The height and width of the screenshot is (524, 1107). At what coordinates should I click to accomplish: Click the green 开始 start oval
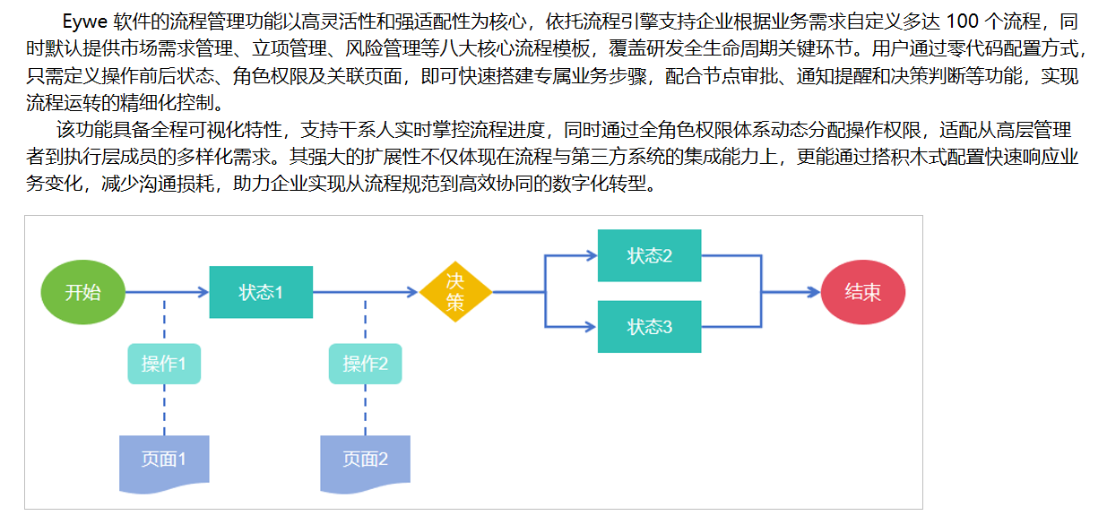tap(83, 292)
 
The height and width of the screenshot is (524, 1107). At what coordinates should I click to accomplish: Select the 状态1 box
tap(261, 292)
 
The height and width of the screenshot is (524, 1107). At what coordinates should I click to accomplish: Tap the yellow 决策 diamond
tap(455, 292)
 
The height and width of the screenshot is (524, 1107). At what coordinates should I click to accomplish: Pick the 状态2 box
tap(649, 255)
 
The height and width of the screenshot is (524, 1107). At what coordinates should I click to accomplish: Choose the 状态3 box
tap(649, 327)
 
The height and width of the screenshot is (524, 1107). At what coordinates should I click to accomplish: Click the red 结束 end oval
tap(862, 292)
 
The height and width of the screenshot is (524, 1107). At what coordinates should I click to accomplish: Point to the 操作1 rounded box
tap(164, 364)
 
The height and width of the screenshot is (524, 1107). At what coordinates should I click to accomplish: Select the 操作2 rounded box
tap(365, 364)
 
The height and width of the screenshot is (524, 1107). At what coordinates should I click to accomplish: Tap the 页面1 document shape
tap(164, 460)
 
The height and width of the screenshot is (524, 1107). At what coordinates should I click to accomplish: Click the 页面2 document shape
tap(365, 460)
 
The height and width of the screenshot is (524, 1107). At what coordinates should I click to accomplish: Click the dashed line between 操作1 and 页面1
tap(164, 409)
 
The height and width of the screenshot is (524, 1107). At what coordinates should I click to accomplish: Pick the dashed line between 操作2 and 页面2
tap(365, 409)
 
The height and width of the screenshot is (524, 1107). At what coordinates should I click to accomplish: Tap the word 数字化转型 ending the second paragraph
tap(616, 185)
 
